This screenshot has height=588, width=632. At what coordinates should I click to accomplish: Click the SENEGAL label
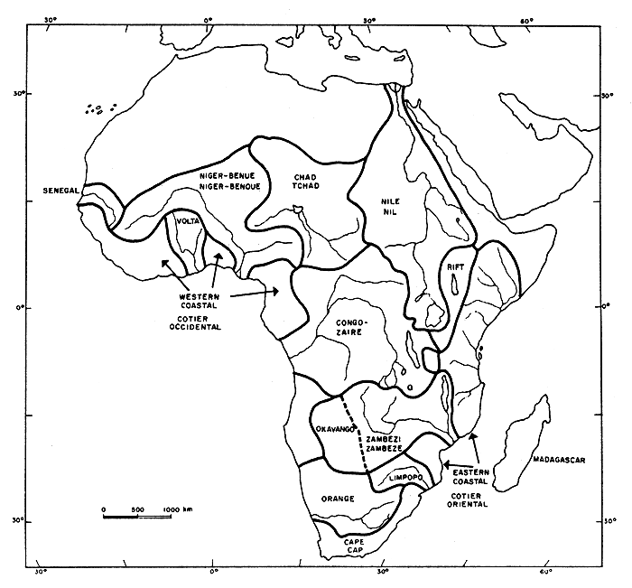click(x=61, y=191)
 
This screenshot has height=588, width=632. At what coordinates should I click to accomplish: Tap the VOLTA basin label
click(x=188, y=219)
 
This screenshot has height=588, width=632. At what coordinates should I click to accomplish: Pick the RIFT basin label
click(x=453, y=267)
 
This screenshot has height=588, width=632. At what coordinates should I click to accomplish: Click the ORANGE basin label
click(x=337, y=498)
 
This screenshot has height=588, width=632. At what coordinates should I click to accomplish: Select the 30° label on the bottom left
click(x=41, y=572)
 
